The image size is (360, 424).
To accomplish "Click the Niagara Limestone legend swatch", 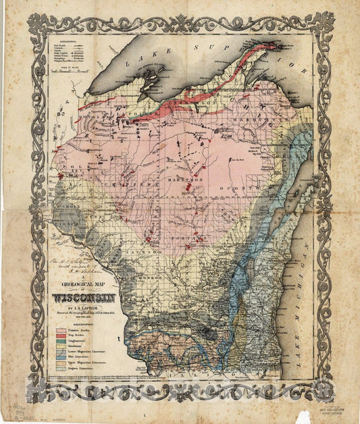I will coord(63,369).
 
